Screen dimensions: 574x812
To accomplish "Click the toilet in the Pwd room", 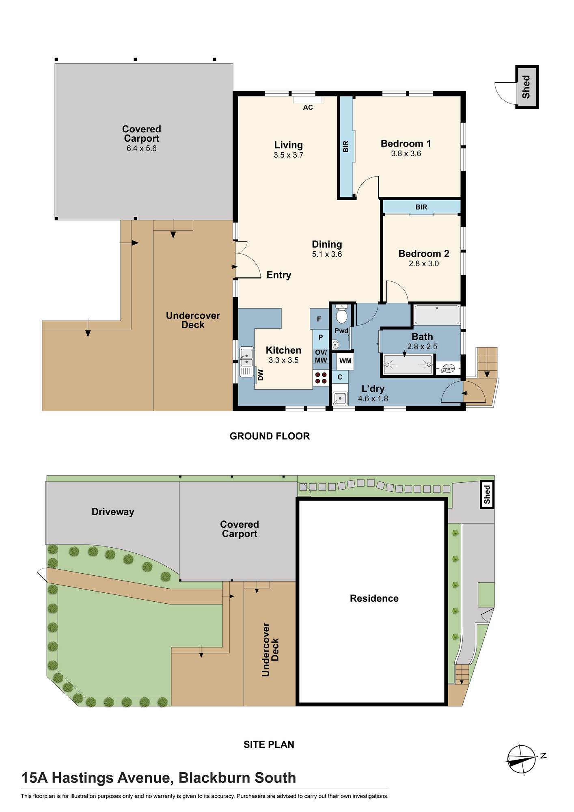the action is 342,314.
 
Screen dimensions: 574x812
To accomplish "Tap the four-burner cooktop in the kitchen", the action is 321,378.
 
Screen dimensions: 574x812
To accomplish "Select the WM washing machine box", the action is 345,361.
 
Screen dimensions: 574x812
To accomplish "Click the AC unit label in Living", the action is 308,108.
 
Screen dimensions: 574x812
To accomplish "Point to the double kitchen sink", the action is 246,362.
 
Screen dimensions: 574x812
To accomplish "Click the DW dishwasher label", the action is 261,375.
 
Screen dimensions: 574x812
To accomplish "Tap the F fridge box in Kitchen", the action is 319,319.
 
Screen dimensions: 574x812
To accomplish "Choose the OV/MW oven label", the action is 321,356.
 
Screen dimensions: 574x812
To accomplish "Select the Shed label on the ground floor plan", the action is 527,87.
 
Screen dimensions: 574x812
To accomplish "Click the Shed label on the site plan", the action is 487,495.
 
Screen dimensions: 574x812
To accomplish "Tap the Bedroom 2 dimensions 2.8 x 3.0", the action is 424,264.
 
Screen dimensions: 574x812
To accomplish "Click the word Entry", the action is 279,275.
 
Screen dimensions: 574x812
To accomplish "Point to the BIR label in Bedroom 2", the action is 421,207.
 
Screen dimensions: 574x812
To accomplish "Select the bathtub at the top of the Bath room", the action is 437,315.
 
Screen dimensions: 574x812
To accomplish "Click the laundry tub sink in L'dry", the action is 340,399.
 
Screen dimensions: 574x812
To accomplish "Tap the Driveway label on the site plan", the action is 113,512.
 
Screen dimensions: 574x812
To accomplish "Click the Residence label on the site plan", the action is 374,598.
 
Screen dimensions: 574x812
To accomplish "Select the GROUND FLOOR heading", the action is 270,436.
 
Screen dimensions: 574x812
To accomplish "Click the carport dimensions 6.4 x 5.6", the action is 142,149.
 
